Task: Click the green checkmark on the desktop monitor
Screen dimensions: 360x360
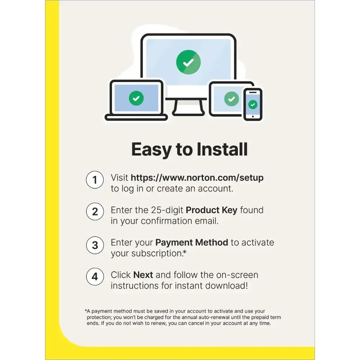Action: coord(188,62)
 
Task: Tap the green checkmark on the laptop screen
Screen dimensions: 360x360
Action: coord(136,98)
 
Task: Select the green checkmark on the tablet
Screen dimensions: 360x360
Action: coord(231,99)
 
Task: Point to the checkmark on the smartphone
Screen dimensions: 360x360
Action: coord(253,105)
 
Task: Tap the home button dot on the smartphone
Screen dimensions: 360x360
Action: coord(253,116)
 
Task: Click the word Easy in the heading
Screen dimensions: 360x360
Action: coord(151,149)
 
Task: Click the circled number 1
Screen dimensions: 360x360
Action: coord(95,180)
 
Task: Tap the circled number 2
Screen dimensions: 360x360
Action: coord(95,211)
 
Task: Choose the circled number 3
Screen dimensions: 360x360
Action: coord(95,245)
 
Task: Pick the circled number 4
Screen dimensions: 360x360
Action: coord(95,276)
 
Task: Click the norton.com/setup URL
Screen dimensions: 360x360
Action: coord(197,178)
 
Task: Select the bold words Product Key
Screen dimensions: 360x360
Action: coord(211,210)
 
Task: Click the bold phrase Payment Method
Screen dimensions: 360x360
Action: coord(192,242)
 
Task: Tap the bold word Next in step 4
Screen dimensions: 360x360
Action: coord(143,275)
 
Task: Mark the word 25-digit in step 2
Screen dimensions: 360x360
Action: coord(167,210)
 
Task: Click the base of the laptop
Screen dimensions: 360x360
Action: coord(136,118)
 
